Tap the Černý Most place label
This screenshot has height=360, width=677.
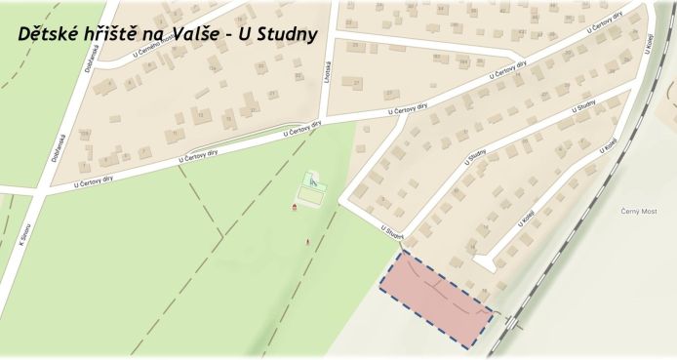pos(639,211)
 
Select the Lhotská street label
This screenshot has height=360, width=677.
pos(329,89)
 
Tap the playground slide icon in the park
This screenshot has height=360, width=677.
pos(312,180)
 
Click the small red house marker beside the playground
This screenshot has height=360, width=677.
pos(296,207)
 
